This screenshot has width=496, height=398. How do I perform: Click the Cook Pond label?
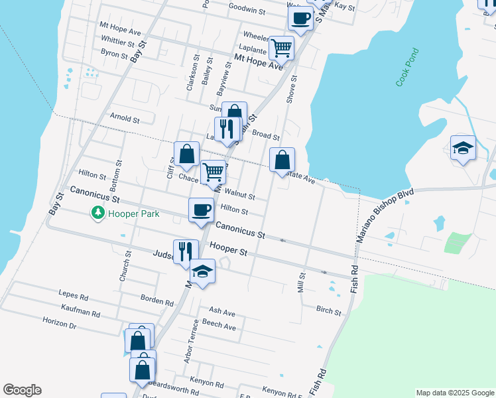pos(408,67)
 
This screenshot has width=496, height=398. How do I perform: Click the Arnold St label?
pos(125,120)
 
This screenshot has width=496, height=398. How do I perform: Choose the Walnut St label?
pos(240,196)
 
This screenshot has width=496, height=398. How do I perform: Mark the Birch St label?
pos(328,310)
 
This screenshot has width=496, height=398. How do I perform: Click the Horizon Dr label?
pos(60,326)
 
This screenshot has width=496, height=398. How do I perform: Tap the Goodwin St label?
pos(247,11)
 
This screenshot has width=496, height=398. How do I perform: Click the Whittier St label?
pos(118,40)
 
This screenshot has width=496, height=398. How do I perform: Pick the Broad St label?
pos(266,135)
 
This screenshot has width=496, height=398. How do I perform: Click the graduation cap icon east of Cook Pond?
pos(463,148)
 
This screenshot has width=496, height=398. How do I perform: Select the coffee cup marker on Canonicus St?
pos(202,211)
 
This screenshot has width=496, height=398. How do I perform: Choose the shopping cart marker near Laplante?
pos(281,48)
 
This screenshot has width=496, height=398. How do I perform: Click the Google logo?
pos(22,390)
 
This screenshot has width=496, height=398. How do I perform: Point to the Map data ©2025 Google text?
pos(455,393)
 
